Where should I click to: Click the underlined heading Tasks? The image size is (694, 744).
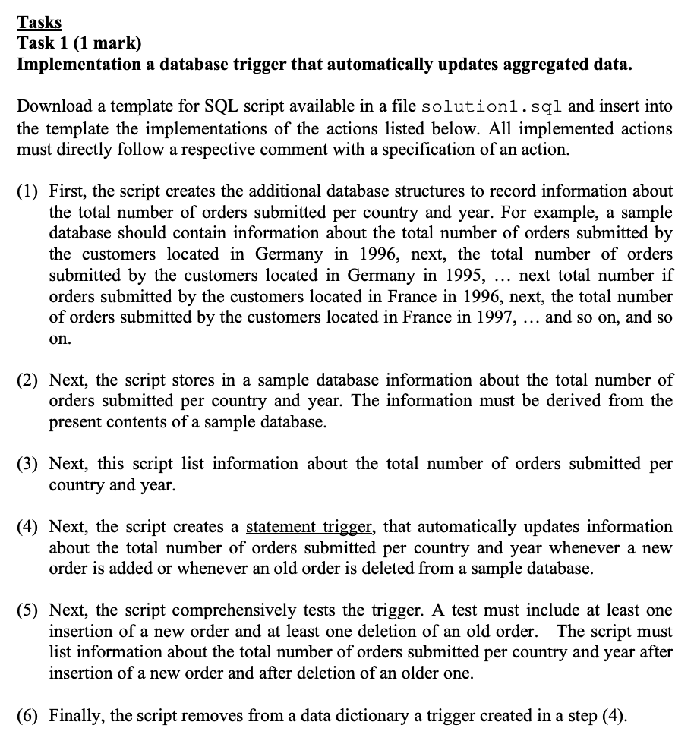click(39, 23)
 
